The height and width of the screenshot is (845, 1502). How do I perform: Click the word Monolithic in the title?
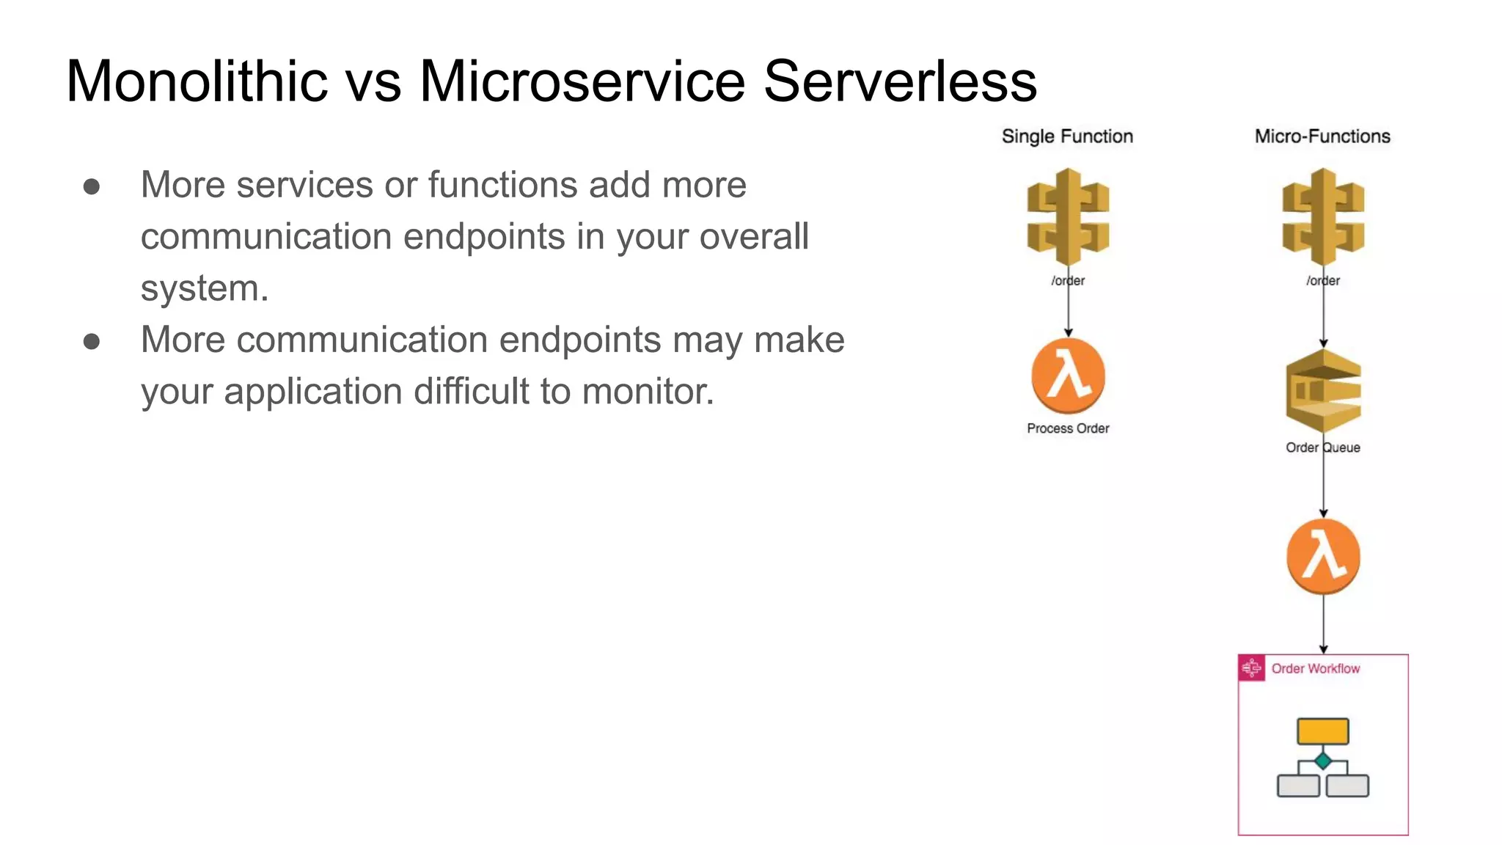coord(197,81)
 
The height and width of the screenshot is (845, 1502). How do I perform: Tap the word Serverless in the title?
coord(900,81)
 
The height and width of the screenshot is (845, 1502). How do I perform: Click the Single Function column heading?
coord(1067,136)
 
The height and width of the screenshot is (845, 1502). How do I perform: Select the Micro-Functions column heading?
coord(1322,136)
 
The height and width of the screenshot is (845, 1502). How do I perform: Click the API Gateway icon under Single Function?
coord(1068,217)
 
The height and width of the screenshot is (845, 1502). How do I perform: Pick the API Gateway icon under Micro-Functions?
coord(1323,217)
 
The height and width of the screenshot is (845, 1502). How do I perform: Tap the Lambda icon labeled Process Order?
coord(1068,376)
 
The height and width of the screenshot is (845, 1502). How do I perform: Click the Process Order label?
coord(1068,428)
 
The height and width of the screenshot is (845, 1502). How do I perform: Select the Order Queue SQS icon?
coord(1323,391)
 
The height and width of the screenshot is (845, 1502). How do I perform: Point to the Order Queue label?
coord(1322,447)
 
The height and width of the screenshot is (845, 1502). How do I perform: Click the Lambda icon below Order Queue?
coord(1323,557)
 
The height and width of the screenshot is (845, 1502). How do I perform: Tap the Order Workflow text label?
coord(1315,668)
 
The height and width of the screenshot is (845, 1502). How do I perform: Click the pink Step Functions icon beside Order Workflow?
coord(1252,668)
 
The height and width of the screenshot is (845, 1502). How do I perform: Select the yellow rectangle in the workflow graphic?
coord(1322,731)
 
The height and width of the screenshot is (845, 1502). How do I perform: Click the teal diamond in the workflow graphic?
coord(1323,761)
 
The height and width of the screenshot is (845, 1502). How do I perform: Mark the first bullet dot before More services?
coord(92,186)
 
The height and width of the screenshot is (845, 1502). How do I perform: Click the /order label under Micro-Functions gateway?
coord(1322,281)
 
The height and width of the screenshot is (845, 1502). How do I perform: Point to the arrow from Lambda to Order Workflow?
coord(1323,623)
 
